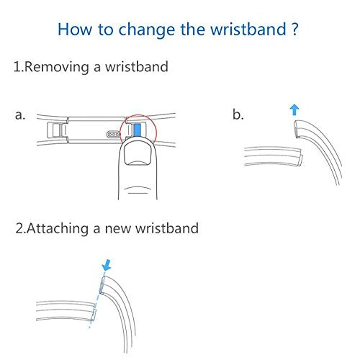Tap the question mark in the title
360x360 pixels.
[x=294, y=29]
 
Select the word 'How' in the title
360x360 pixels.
[x=75, y=30]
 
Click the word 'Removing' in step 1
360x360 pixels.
[x=57, y=67]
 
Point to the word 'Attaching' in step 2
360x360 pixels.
[x=58, y=228]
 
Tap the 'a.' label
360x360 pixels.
[x=19, y=115]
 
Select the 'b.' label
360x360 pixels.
[x=238, y=114]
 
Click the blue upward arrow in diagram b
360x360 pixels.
[x=294, y=110]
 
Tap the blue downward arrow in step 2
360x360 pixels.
[x=107, y=265]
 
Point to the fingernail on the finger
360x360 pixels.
[x=138, y=155]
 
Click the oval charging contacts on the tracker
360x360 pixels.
[x=113, y=135]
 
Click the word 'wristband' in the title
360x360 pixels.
[x=248, y=30]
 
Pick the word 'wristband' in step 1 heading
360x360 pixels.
[x=137, y=66]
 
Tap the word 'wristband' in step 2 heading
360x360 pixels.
[x=167, y=228]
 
